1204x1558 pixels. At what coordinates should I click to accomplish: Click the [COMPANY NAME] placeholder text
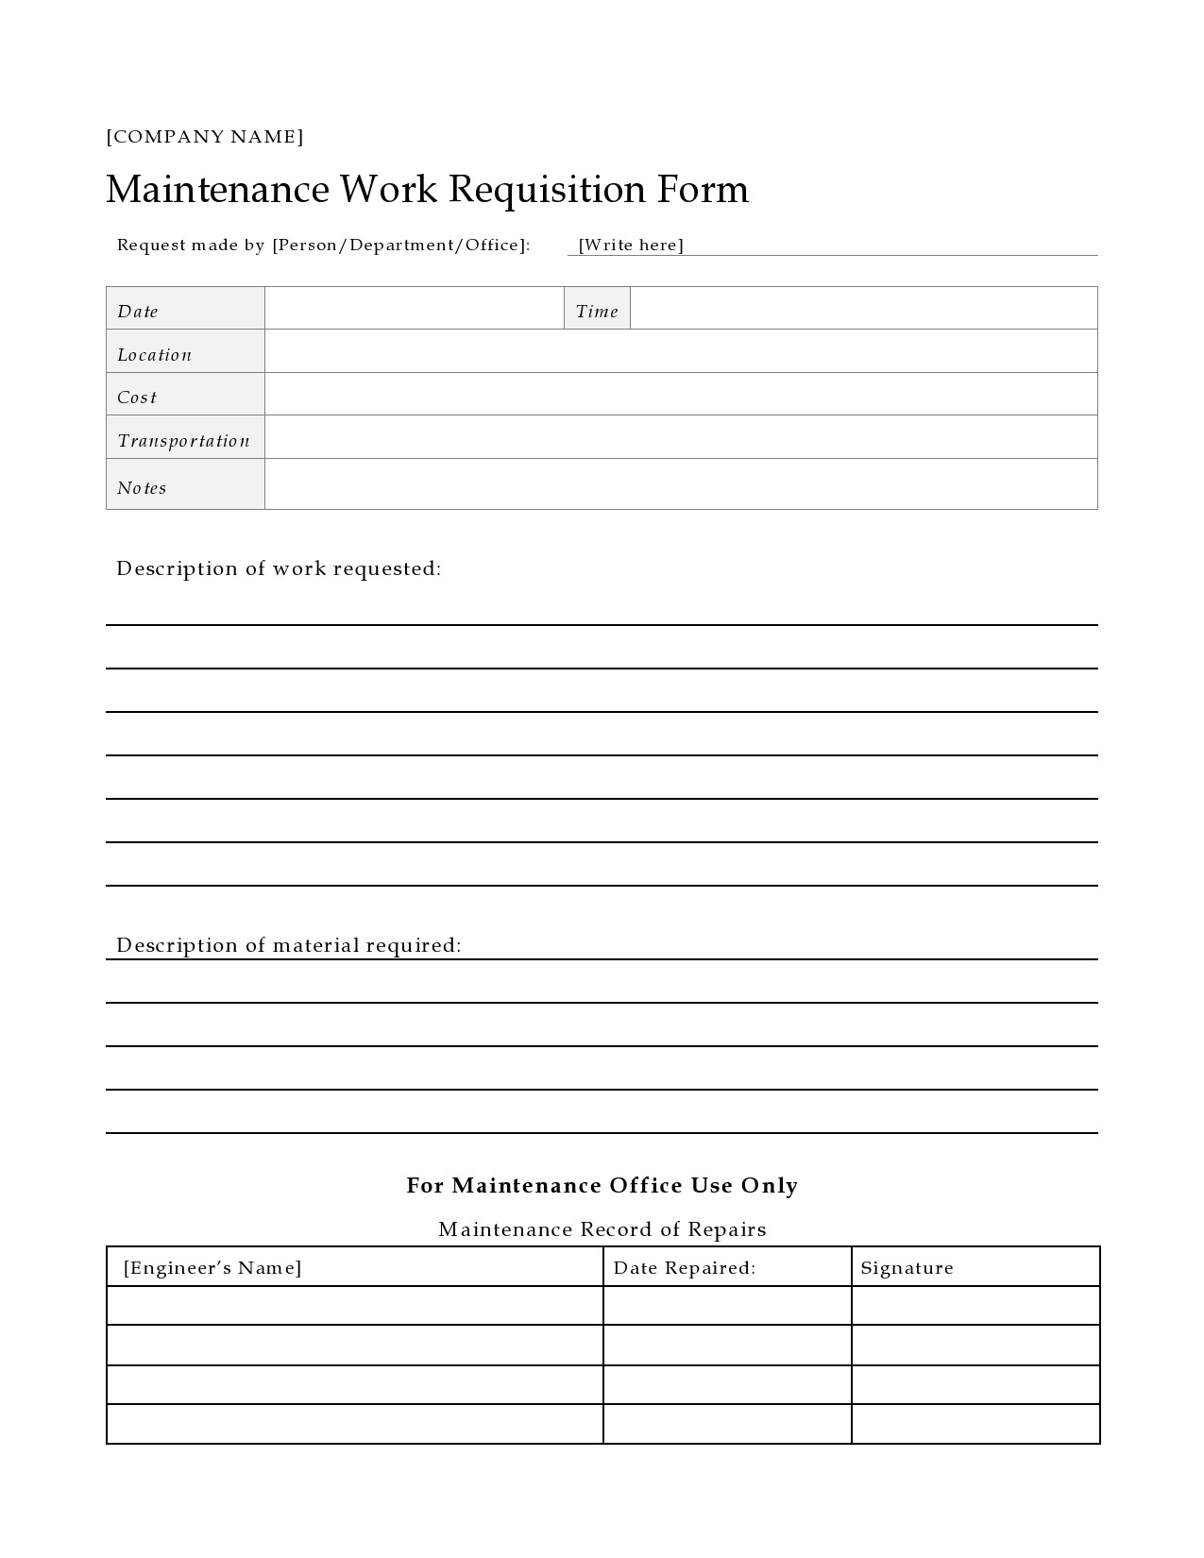coord(205,137)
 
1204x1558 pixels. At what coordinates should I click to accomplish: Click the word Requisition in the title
coord(547,190)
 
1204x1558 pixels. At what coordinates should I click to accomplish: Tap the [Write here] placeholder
coord(631,246)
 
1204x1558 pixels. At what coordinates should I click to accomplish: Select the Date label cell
coord(185,309)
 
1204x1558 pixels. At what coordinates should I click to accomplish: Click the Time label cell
coord(597,310)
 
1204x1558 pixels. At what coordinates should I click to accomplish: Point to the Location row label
coord(185,352)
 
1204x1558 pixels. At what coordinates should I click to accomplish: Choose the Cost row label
coord(185,395)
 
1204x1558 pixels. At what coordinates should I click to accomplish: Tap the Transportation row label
coord(185,438)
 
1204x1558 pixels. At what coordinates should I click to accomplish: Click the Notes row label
coord(185,485)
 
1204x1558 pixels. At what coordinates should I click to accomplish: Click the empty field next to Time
coord(863,309)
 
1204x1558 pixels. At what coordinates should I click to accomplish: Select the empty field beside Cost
coord(680,395)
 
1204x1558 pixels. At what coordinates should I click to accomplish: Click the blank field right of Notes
coord(680,484)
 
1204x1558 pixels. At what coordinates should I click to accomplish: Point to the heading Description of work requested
coord(279,568)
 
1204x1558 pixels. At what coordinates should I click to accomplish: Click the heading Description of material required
coord(289,945)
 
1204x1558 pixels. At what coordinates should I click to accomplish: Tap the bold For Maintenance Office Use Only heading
coord(602,1186)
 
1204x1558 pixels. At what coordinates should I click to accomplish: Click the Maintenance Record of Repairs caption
coord(602,1229)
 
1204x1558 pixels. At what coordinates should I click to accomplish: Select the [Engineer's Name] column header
coord(212,1268)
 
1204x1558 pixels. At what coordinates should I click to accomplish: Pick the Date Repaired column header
coord(685,1268)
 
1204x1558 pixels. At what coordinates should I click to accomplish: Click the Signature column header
coord(907,1268)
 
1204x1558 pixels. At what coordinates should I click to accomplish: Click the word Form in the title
coord(703,190)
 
